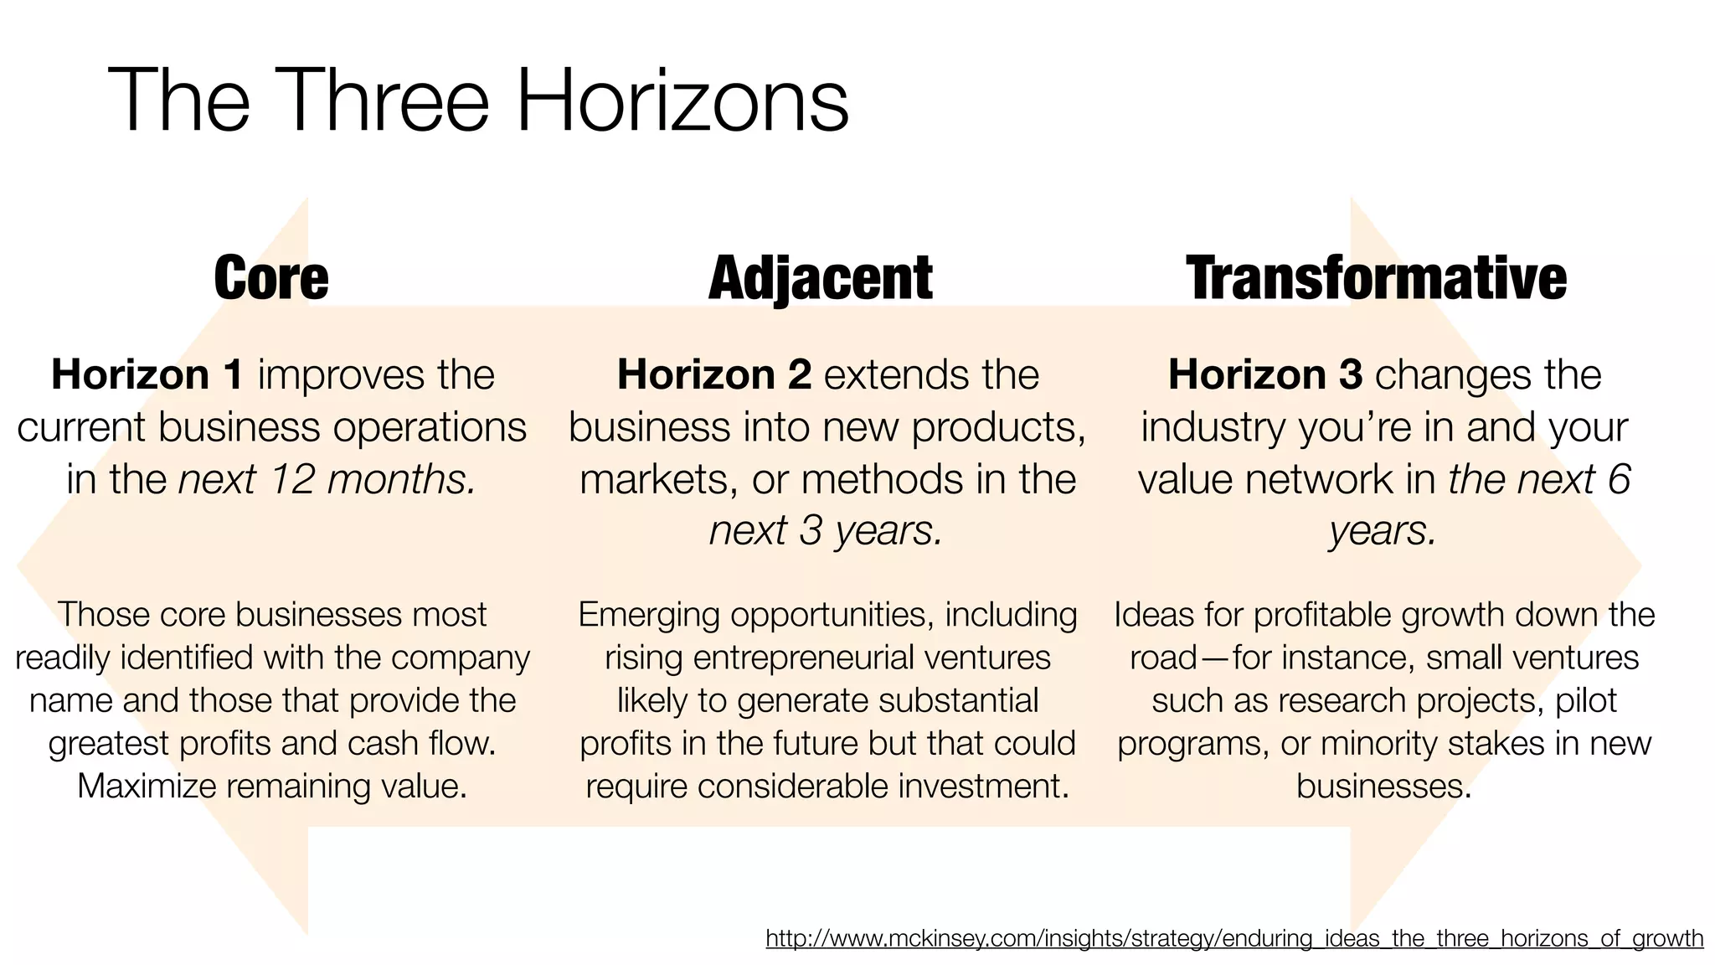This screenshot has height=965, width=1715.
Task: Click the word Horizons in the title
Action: (682, 101)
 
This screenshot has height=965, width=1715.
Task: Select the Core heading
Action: (271, 278)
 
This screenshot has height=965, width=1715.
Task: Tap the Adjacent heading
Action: (820, 278)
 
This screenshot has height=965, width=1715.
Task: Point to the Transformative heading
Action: (1376, 278)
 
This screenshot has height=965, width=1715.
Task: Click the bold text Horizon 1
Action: (147, 374)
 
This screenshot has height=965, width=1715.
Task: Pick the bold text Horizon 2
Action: (714, 374)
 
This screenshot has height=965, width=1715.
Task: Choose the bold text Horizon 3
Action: (1265, 374)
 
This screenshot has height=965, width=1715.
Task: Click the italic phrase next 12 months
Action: (327, 479)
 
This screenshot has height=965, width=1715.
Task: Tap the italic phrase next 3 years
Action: (827, 530)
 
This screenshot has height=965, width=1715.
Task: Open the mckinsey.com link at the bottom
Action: (1234, 938)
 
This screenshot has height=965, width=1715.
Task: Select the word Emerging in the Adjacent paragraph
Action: (649, 615)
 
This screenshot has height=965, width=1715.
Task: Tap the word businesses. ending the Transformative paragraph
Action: (1383, 786)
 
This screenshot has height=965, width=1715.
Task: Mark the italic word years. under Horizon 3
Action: (1383, 530)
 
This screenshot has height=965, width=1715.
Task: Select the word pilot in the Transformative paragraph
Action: (1586, 700)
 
